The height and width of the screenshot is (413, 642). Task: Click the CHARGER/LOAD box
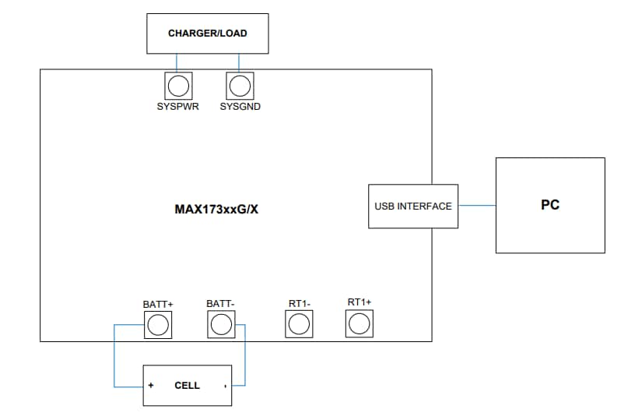coord(207,34)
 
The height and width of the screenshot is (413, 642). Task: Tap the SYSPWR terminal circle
coord(177,84)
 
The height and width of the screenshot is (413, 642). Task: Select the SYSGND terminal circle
coord(240,84)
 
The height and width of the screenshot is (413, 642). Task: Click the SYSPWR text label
coord(177,107)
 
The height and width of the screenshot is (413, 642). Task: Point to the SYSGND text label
coord(240,107)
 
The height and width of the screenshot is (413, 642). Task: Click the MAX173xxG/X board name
coord(216,210)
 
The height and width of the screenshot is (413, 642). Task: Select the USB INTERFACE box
coord(412,206)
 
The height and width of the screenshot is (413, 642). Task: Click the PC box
coord(550,205)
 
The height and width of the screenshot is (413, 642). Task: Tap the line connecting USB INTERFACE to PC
coord(476,206)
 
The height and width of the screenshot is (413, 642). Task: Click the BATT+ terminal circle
coord(158,324)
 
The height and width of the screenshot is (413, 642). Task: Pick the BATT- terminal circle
coord(221,324)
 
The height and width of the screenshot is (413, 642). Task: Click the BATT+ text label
coord(158,303)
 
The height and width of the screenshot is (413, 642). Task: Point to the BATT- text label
coord(221,303)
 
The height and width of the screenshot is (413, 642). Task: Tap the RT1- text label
coord(300,303)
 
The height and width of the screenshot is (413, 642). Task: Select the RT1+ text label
coord(359,302)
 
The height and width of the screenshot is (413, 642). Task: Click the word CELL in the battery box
coord(187,386)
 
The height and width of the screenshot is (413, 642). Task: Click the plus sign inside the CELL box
coord(151,386)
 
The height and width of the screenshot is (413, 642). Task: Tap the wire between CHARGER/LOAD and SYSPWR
coord(177,62)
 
